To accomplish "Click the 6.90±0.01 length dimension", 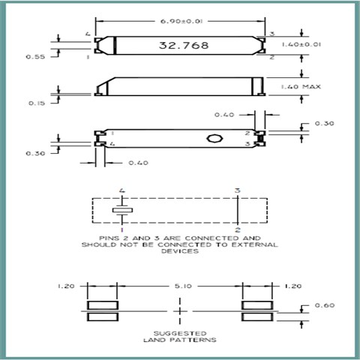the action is point(181,21).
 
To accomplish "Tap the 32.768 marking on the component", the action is point(184,45).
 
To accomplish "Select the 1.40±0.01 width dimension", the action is point(301,44).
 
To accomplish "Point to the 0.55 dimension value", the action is point(35,57).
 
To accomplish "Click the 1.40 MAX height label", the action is point(301,87).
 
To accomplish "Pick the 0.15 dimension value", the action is point(37,103).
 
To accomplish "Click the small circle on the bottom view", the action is point(214,138).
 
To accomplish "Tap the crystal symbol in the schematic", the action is point(122,210).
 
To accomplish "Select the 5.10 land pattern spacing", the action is point(183,286).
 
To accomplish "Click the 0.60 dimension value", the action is point(325,305).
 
